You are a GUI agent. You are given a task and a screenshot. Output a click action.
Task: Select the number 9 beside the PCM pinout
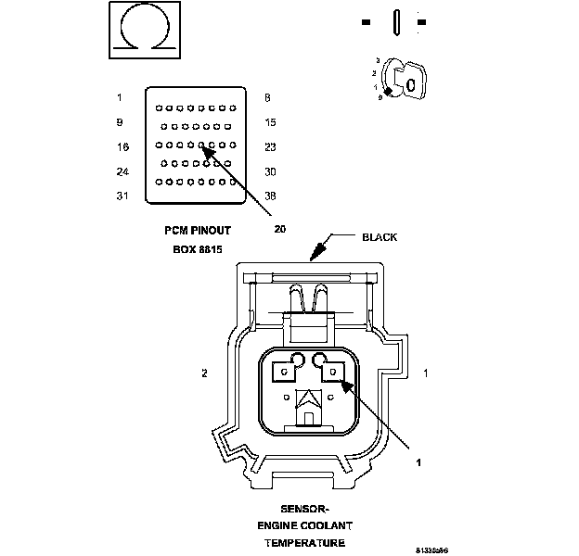(120, 122)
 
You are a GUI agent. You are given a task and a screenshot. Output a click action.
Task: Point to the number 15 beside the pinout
(270, 122)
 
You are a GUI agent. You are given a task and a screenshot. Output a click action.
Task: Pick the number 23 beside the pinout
(270, 146)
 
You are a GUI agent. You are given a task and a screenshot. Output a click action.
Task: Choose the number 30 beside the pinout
(270, 171)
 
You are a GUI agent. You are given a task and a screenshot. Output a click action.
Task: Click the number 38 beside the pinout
(270, 196)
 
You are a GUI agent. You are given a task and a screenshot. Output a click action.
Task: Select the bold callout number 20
(279, 230)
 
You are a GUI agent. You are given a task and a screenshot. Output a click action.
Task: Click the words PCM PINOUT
(197, 230)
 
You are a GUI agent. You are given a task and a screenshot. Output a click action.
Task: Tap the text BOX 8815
(197, 249)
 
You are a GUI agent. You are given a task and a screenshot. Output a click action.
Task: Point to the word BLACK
(379, 237)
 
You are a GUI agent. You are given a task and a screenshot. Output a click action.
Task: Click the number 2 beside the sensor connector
(203, 373)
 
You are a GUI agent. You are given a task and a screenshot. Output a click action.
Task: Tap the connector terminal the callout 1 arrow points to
(332, 373)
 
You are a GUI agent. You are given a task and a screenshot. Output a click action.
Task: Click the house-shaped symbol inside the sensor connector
(308, 408)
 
